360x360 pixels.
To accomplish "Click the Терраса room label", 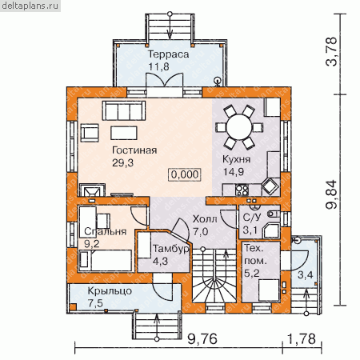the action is click(x=168, y=54).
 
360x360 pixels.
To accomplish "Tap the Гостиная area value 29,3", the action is click(x=122, y=162).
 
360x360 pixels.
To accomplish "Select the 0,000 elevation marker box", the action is click(x=185, y=174).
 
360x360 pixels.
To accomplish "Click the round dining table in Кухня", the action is click(x=239, y=127).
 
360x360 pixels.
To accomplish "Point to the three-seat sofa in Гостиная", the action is click(x=124, y=110).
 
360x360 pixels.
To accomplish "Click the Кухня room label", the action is click(x=237, y=159).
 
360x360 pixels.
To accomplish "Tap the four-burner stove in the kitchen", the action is click(x=242, y=190).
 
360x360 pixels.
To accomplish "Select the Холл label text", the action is click(x=205, y=219).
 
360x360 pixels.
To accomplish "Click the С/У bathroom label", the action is click(x=252, y=218).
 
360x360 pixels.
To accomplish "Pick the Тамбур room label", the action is click(x=171, y=249).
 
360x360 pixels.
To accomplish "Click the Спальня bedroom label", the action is click(x=106, y=231).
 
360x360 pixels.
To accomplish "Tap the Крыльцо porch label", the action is click(x=110, y=290).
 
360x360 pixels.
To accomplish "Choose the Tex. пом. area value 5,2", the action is click(x=252, y=273).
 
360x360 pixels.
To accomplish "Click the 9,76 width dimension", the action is click(x=202, y=339).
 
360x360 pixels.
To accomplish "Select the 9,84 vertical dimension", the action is click(x=332, y=194).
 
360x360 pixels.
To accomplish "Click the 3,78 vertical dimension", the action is click(x=332, y=52).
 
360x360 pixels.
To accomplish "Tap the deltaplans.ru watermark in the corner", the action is click(x=30, y=6).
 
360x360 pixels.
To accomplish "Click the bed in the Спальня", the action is click(x=106, y=261).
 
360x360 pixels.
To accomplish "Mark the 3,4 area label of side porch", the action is click(x=306, y=274).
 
